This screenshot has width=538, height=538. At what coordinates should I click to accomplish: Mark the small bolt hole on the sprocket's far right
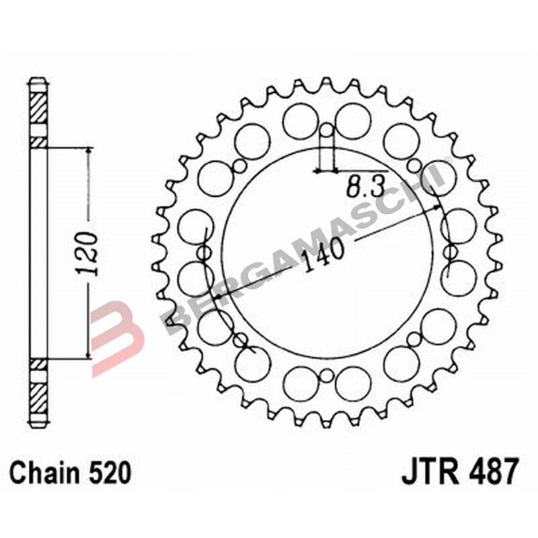(449, 252)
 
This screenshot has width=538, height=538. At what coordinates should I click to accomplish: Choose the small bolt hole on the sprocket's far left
(202, 252)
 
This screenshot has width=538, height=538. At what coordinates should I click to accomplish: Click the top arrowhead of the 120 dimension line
(88, 151)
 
